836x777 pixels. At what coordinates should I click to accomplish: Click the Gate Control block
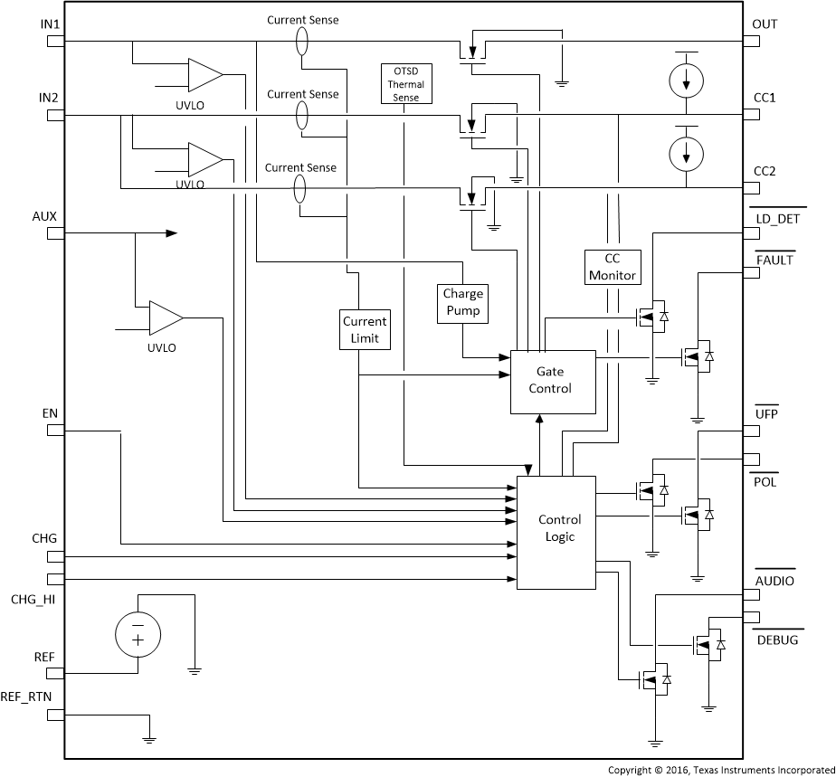pos(554,381)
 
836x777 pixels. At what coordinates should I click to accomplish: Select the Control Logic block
pos(556,527)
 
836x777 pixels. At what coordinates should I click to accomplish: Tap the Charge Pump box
pos(462,303)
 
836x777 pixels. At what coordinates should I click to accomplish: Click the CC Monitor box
pos(613,267)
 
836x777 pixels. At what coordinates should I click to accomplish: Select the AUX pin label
pos(44,217)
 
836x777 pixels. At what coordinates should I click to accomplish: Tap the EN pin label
pos(50,413)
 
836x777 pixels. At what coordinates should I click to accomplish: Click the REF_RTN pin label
pos(34,698)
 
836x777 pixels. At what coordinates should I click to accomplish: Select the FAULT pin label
pos(774,261)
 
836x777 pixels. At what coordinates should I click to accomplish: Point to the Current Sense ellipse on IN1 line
pos(301,41)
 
